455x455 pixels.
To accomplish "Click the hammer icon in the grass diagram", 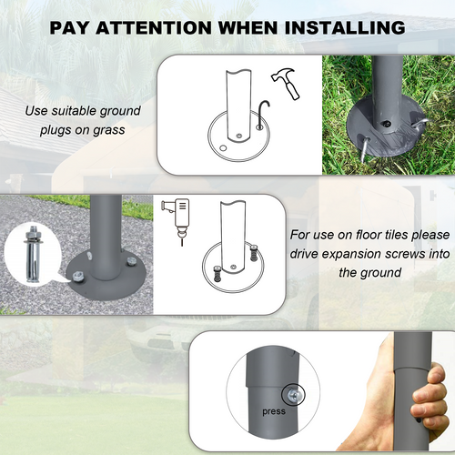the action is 286,83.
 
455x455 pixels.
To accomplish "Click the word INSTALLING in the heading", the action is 345,27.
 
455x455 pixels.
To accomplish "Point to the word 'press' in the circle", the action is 274,411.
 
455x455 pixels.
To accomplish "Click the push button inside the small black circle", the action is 293,395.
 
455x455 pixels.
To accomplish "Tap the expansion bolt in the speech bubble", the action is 33,254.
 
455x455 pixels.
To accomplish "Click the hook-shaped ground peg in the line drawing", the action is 263,113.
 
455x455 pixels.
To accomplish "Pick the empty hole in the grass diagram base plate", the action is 223,148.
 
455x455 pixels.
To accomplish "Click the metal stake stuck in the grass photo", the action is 365,149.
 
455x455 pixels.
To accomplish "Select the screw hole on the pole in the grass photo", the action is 386,124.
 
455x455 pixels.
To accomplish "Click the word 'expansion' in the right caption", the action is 351,254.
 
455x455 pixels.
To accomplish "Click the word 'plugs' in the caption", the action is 56,130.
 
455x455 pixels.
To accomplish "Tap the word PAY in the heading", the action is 69,27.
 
